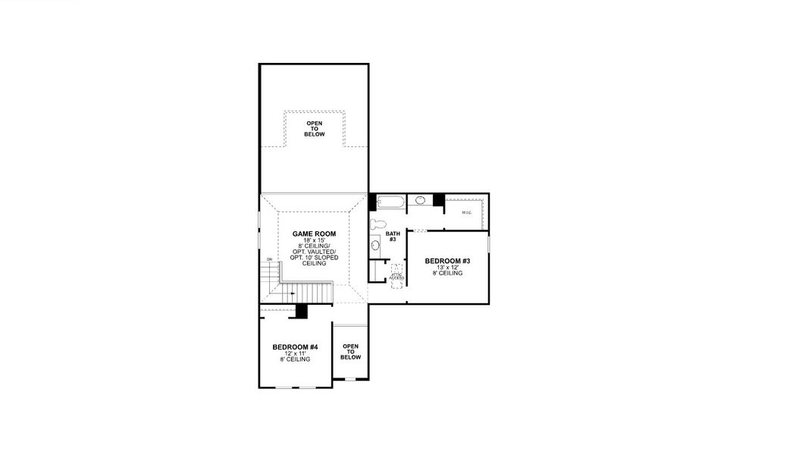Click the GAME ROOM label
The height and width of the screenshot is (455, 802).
tap(314, 234)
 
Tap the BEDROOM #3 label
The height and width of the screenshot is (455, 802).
tap(447, 262)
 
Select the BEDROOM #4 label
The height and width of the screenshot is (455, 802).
tap(295, 347)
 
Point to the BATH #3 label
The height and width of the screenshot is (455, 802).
tap(392, 237)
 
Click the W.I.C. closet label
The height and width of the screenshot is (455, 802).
tap(467, 212)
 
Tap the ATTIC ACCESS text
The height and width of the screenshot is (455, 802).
tap(396, 277)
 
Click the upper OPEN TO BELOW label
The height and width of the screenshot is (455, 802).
tap(315, 129)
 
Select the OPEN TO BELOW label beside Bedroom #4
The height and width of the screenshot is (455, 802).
tap(350, 352)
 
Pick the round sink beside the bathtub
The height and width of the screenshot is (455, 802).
tap(421, 201)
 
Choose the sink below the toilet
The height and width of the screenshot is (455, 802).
tap(375, 246)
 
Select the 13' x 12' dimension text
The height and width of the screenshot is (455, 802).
tap(447, 268)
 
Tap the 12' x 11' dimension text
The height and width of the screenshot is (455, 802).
tap(295, 353)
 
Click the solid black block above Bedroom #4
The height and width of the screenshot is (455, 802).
tap(302, 311)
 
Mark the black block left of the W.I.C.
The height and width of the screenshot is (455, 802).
tap(438, 199)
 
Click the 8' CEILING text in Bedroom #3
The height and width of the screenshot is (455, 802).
tap(447, 274)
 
